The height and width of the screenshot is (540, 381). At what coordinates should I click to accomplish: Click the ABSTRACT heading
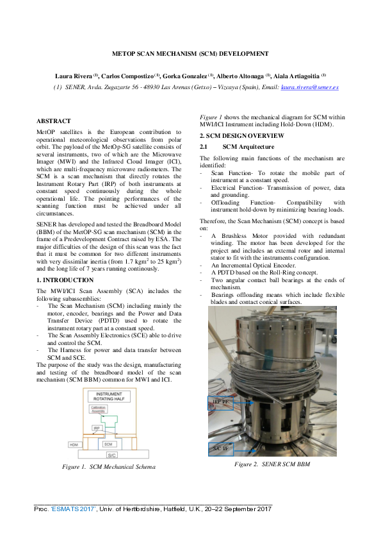(x=54, y=121)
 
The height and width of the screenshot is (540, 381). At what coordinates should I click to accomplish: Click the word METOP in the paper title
(x=125, y=53)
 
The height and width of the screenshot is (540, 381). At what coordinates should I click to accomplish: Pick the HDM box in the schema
(x=76, y=444)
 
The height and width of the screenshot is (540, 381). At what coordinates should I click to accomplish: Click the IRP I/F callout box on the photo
(x=220, y=402)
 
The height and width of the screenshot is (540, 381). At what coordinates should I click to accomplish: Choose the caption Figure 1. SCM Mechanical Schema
(x=108, y=467)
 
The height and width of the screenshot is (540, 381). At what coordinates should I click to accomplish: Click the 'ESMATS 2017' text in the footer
(x=74, y=509)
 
